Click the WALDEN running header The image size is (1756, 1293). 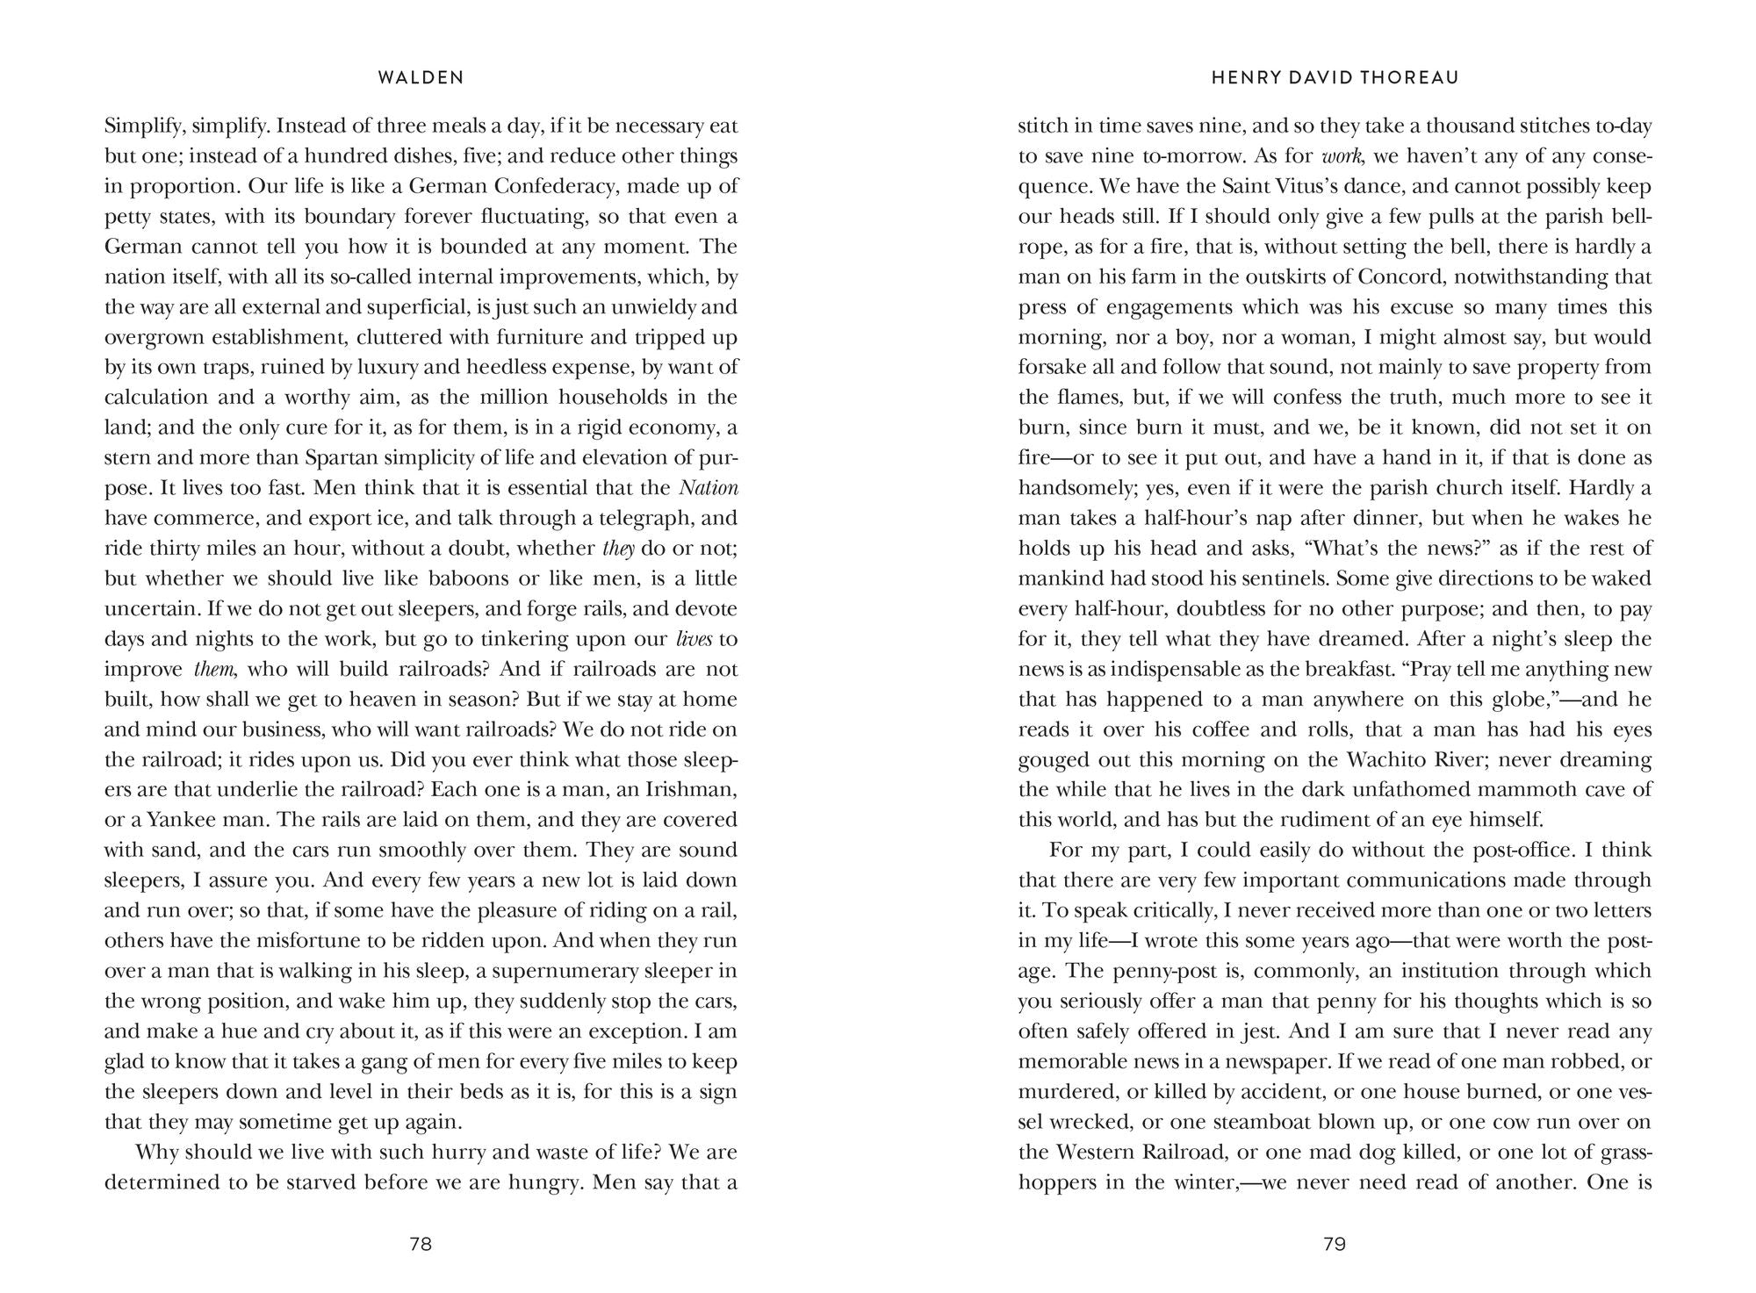(x=421, y=78)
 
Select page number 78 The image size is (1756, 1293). (x=421, y=1244)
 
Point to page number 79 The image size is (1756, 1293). (x=1335, y=1244)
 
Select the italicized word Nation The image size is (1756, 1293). (x=709, y=487)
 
